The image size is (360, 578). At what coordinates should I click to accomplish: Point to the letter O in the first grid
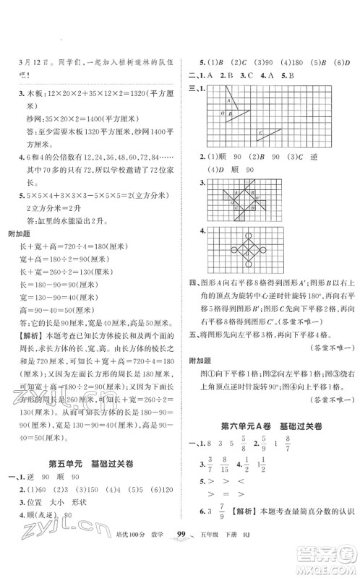pyautogui.click(x=209, y=113)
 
